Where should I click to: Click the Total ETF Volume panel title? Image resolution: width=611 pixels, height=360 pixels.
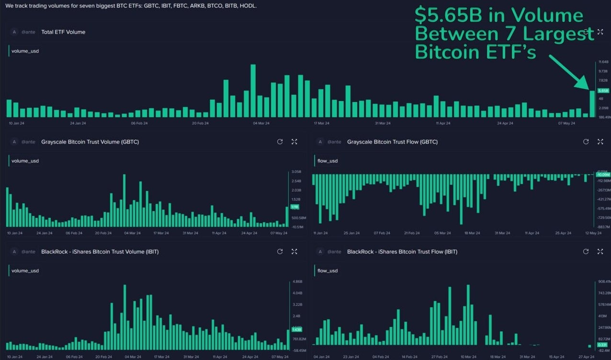click(x=63, y=32)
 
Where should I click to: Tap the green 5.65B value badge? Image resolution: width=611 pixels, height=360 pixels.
click(x=603, y=90)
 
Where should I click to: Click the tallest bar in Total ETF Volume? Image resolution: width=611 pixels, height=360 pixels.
click(x=253, y=91)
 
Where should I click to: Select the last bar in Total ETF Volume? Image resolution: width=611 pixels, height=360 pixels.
click(x=592, y=104)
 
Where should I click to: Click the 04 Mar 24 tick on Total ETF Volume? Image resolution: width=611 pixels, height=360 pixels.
click(x=261, y=123)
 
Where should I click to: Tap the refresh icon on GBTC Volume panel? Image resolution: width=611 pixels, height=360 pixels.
click(x=280, y=142)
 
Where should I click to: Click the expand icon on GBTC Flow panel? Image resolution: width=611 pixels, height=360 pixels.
click(x=600, y=142)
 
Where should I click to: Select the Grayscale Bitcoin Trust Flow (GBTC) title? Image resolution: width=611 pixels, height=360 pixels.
click(x=392, y=142)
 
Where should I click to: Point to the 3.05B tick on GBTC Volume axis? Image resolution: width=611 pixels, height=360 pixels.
click(x=296, y=172)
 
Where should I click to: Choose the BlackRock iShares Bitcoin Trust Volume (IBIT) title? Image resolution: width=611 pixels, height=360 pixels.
click(x=100, y=251)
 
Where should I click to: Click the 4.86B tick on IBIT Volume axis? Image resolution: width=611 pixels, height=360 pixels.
click(x=297, y=281)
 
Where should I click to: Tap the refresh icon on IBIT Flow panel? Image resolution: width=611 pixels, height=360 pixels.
click(x=586, y=251)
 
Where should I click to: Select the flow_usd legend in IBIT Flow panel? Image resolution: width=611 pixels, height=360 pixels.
click(x=327, y=270)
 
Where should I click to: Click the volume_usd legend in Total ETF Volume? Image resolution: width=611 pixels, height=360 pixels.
click(x=25, y=51)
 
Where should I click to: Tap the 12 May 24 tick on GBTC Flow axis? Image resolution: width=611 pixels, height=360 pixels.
click(x=594, y=233)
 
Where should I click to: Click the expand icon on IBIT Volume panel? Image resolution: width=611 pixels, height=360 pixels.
click(x=294, y=251)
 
